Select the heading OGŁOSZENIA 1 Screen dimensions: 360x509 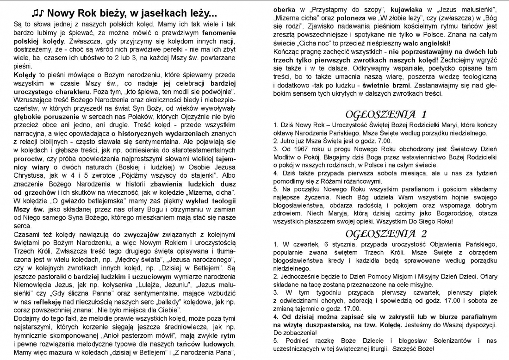385,114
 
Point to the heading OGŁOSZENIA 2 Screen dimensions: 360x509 385,232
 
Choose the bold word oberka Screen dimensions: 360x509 285,10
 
